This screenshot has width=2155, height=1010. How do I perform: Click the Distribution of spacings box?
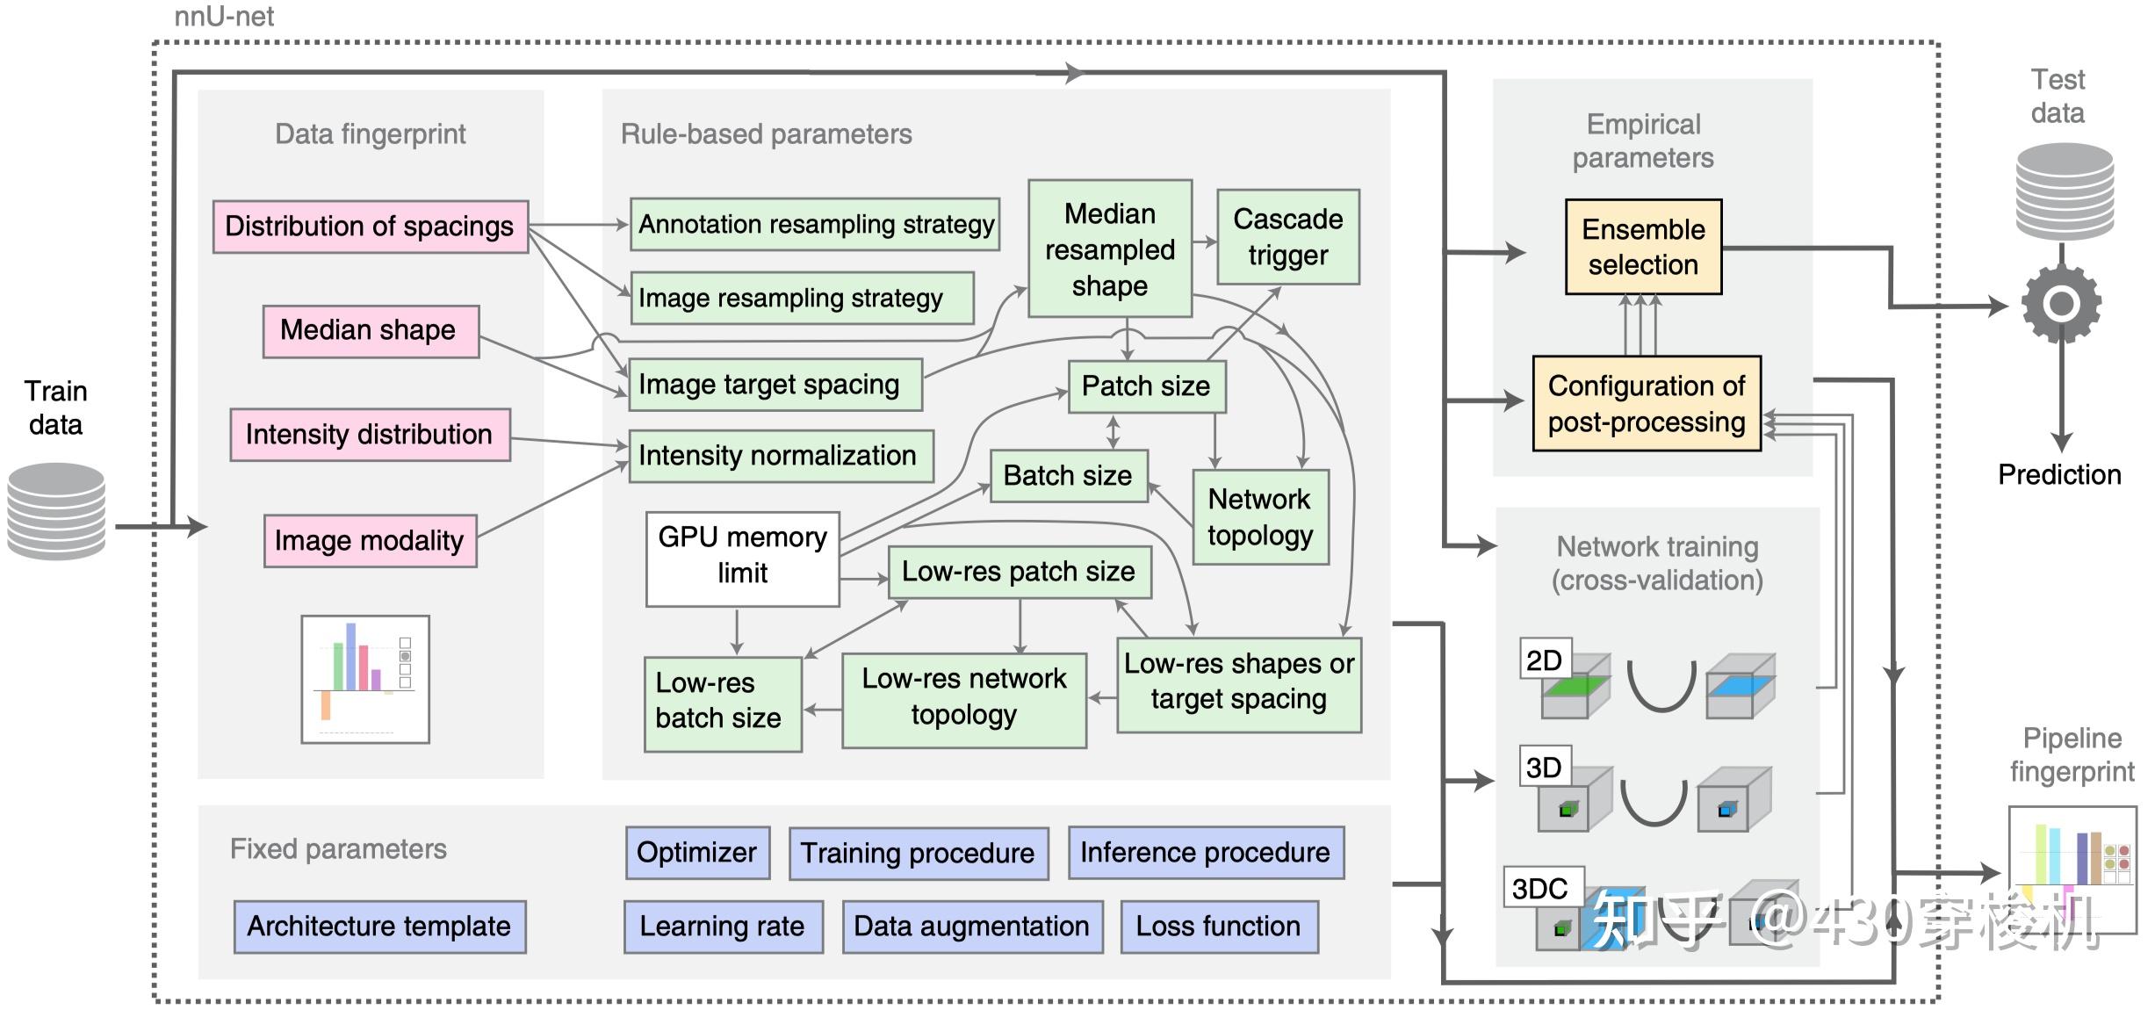370,227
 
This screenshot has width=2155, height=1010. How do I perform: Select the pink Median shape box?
371,331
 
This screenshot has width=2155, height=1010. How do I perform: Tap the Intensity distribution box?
370,435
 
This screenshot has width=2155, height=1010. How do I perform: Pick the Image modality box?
370,541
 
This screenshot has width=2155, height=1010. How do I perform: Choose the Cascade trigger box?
1287,237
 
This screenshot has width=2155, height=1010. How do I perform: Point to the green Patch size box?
1146,386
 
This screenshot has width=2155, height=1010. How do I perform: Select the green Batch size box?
1068,476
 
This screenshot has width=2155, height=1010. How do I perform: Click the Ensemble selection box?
1643,247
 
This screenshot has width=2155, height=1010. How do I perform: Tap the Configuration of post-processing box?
1647,404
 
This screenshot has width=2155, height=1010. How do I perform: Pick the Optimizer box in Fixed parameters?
697,853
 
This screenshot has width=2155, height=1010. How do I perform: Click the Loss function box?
1219,927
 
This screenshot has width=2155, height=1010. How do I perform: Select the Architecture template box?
379,927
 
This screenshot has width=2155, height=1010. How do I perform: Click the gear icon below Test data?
2060,304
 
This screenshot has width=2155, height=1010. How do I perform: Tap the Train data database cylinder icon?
56,512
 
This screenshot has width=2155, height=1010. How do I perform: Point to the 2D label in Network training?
1544,660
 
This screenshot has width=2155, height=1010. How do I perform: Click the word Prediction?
2059,475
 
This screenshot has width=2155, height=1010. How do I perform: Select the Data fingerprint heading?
370,134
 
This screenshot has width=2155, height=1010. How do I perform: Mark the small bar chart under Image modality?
365,679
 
